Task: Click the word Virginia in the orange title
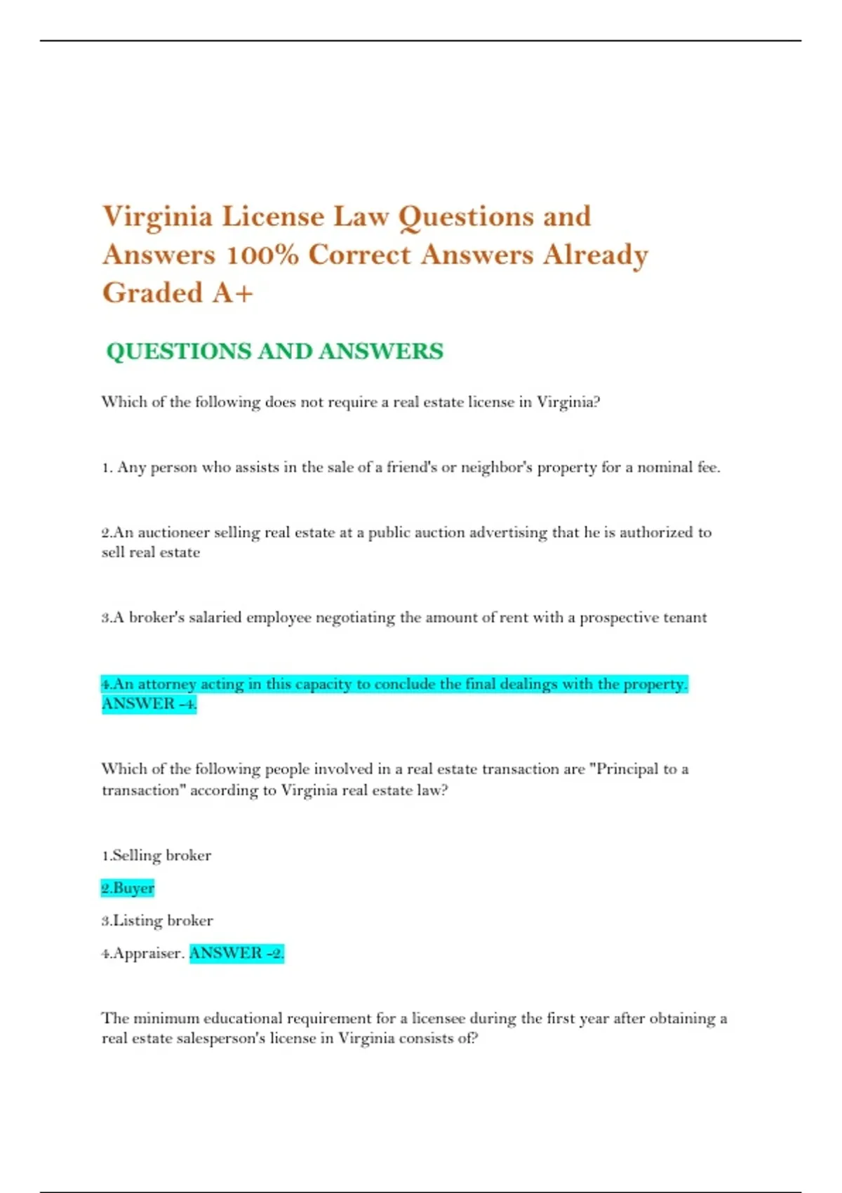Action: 157,217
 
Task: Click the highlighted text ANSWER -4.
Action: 149,704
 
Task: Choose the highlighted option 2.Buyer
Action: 128,888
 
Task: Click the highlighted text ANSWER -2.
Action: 236,953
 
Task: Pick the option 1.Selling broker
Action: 156,855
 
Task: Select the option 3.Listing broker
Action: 157,921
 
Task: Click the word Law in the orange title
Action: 361,217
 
